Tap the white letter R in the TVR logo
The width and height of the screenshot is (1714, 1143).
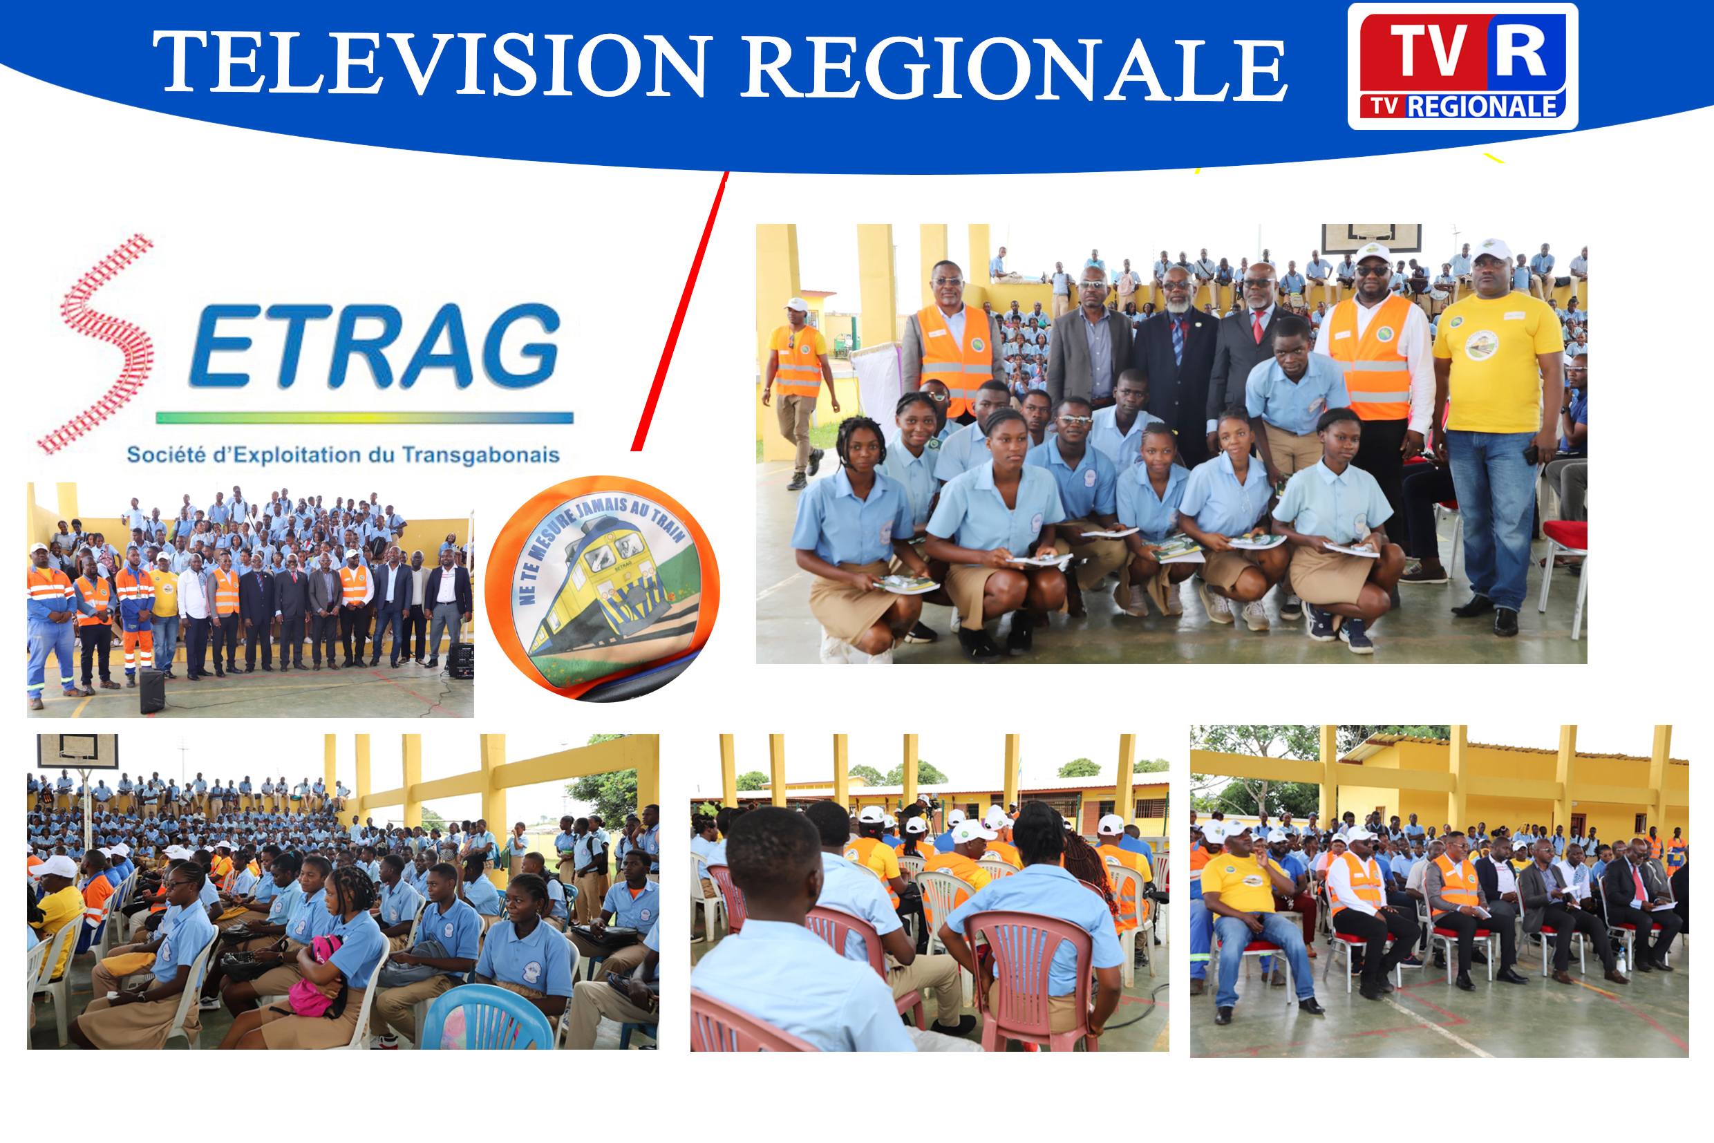click(x=1520, y=50)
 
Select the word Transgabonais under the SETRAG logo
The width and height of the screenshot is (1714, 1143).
click(x=480, y=455)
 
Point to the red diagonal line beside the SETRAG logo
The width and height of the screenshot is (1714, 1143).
click(x=679, y=312)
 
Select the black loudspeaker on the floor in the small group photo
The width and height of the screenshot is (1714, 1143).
click(x=151, y=690)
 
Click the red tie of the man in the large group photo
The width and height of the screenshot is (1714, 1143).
click(x=1259, y=326)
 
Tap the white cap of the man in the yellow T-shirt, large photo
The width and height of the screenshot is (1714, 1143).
click(x=1491, y=250)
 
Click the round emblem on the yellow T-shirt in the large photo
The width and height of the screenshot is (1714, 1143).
click(x=1481, y=346)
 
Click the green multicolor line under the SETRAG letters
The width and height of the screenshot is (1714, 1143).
click(x=364, y=417)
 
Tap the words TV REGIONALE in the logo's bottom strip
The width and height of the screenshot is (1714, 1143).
click(x=1463, y=106)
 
